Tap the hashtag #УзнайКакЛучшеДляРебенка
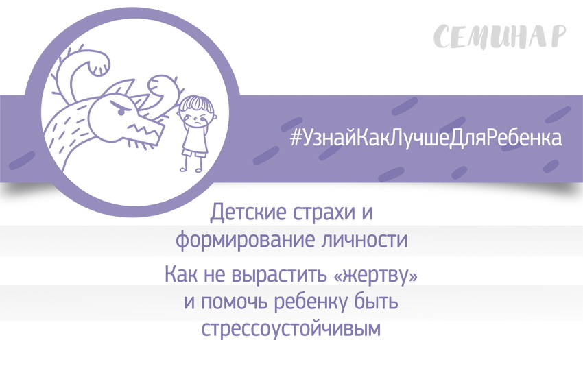pyautogui.click(x=426, y=137)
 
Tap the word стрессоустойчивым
pyautogui.click(x=291, y=328)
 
